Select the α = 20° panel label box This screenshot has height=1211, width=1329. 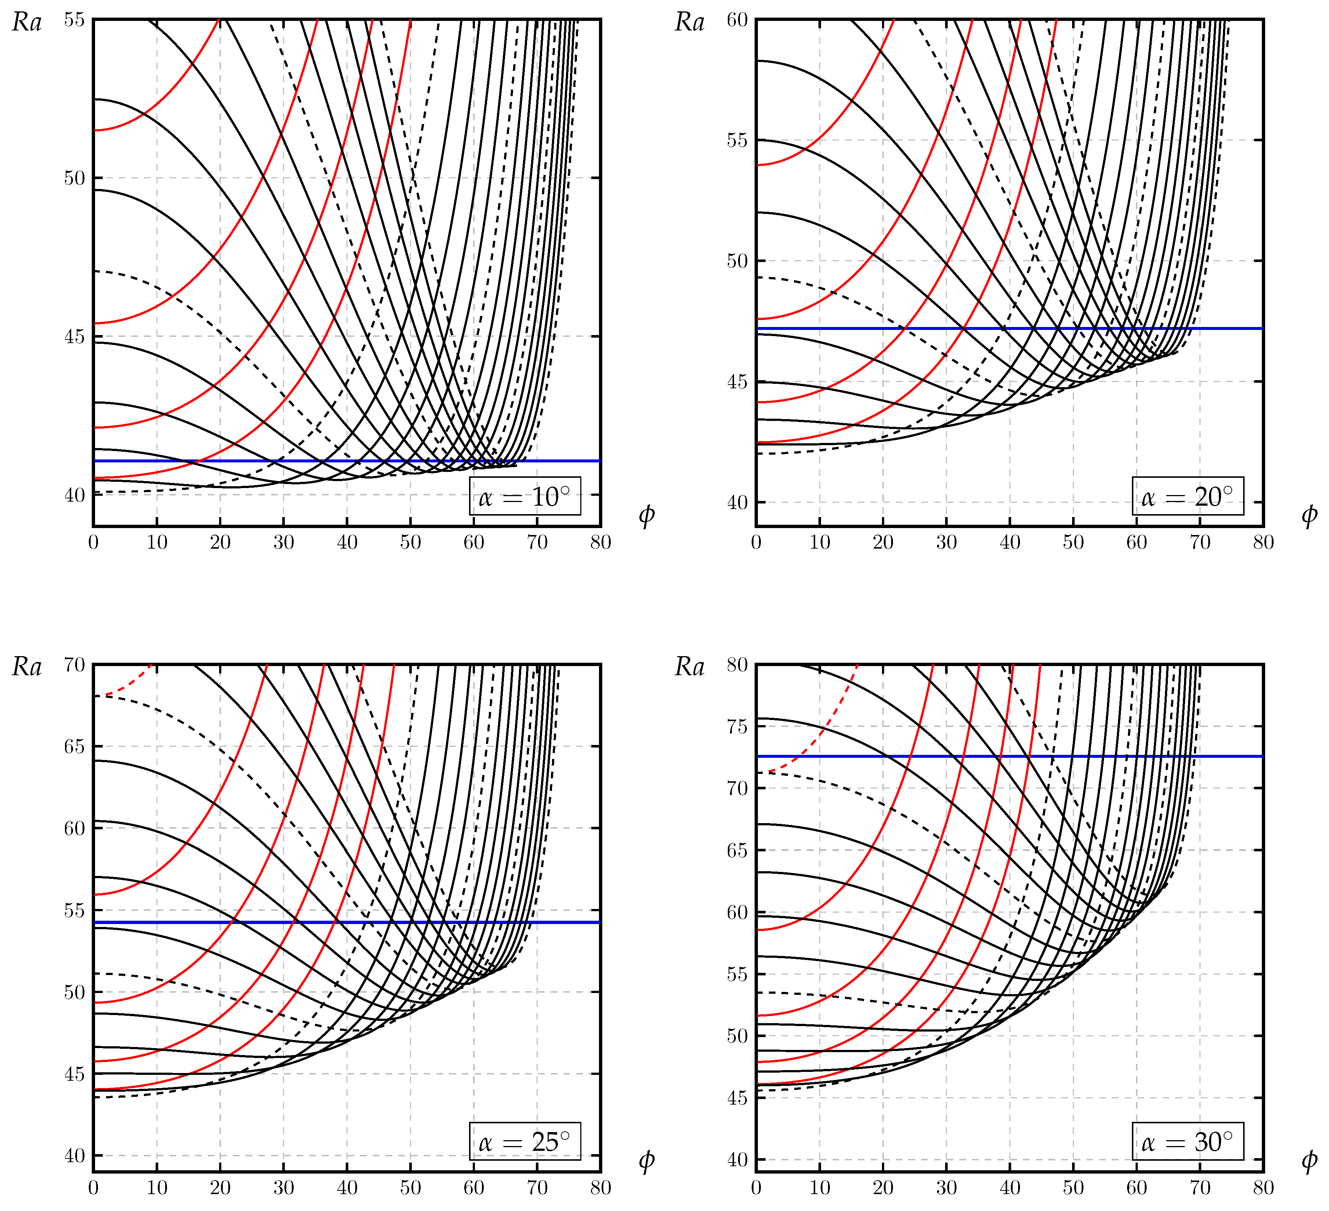tap(1188, 496)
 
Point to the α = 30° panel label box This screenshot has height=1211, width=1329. tap(1188, 1141)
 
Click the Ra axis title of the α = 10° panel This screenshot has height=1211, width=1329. tap(27, 23)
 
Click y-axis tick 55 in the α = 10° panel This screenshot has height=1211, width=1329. tap(75, 20)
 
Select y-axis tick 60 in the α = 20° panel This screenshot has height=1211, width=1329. tap(737, 20)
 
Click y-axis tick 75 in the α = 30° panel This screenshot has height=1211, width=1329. tap(737, 727)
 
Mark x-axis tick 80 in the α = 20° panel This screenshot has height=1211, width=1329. tap(1263, 542)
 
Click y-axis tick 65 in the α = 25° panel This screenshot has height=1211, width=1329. tap(75, 747)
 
